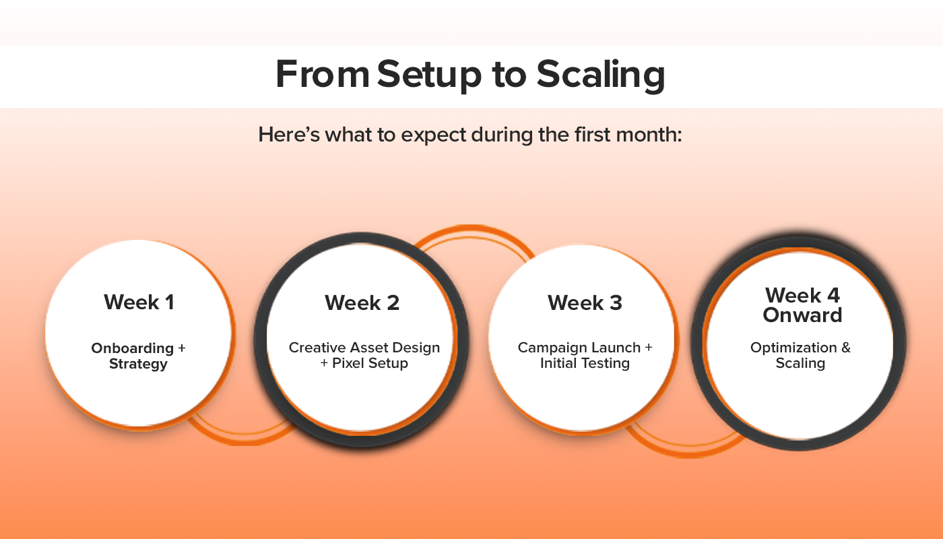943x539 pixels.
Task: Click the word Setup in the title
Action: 429,75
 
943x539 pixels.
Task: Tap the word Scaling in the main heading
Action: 601,75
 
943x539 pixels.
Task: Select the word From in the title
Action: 323,74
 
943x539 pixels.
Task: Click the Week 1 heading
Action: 139,302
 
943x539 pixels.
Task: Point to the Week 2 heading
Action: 362,303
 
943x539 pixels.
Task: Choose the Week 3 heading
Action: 585,303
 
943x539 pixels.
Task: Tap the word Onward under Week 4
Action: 802,315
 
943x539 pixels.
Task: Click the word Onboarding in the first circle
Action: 133,348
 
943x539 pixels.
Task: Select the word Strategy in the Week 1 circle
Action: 138,364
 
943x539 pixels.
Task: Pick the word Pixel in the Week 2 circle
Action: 348,363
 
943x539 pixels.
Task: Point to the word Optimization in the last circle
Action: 793,348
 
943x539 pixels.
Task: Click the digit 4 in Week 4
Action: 834,295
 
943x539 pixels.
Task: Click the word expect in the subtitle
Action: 433,135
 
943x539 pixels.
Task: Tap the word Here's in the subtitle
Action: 289,135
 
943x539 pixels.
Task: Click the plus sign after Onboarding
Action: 181,348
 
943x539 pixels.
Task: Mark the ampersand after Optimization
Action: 846,348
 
